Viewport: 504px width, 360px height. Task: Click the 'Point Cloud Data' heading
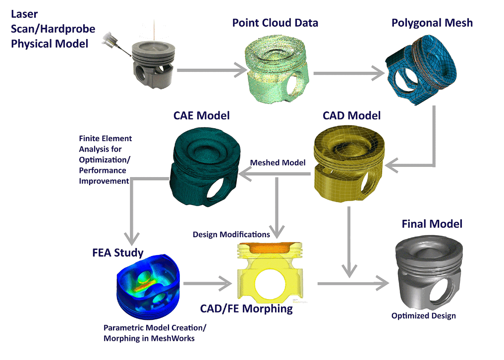[x=275, y=23]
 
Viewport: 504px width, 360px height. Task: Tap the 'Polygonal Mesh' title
[x=432, y=23]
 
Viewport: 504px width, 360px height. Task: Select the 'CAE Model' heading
[x=201, y=116]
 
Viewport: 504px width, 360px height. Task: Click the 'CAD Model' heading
[x=351, y=116]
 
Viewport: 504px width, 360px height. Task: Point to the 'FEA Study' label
[x=117, y=253]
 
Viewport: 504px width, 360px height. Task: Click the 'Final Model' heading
[x=432, y=224]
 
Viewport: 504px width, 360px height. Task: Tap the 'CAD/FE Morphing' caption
[x=246, y=309]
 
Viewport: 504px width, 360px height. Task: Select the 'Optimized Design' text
[x=423, y=315]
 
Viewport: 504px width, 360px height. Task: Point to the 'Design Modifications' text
[x=231, y=234]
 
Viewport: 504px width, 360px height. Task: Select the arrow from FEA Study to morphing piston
[x=208, y=283]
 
